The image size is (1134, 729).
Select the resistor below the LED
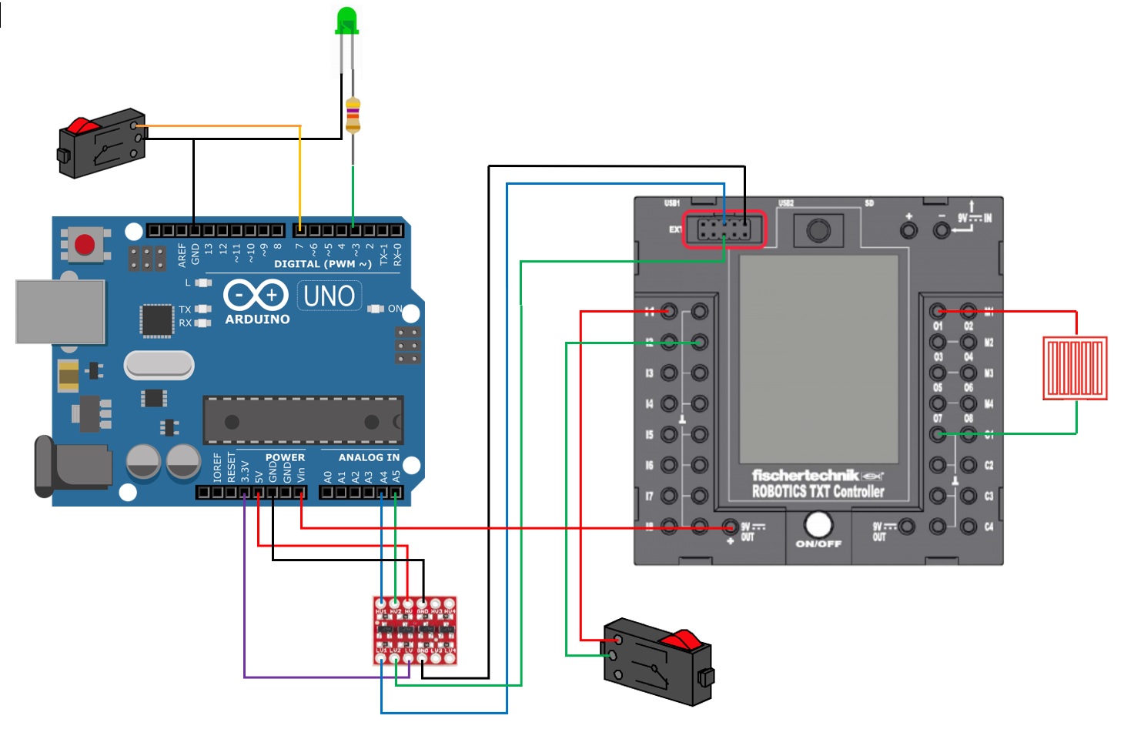tap(353, 116)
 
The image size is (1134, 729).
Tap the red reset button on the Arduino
tap(84, 245)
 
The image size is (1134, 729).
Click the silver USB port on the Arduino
tap(60, 311)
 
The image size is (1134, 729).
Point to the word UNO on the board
tap(329, 296)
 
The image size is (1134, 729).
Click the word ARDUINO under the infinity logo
tap(257, 319)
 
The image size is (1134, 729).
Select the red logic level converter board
tap(415, 630)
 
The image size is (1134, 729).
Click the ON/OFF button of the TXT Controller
tap(818, 526)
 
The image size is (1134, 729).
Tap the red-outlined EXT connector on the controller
tap(724, 229)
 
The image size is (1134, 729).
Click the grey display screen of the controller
tap(818, 359)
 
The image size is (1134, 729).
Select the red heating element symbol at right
tap(1075, 368)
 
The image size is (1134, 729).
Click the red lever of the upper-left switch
tap(82, 125)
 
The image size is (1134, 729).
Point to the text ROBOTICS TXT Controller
tap(818, 491)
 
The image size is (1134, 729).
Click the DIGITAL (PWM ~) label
tap(323, 264)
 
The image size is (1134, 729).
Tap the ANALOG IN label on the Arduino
tap(369, 457)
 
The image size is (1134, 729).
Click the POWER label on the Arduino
tap(285, 457)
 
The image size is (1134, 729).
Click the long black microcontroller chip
tap(302, 420)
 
